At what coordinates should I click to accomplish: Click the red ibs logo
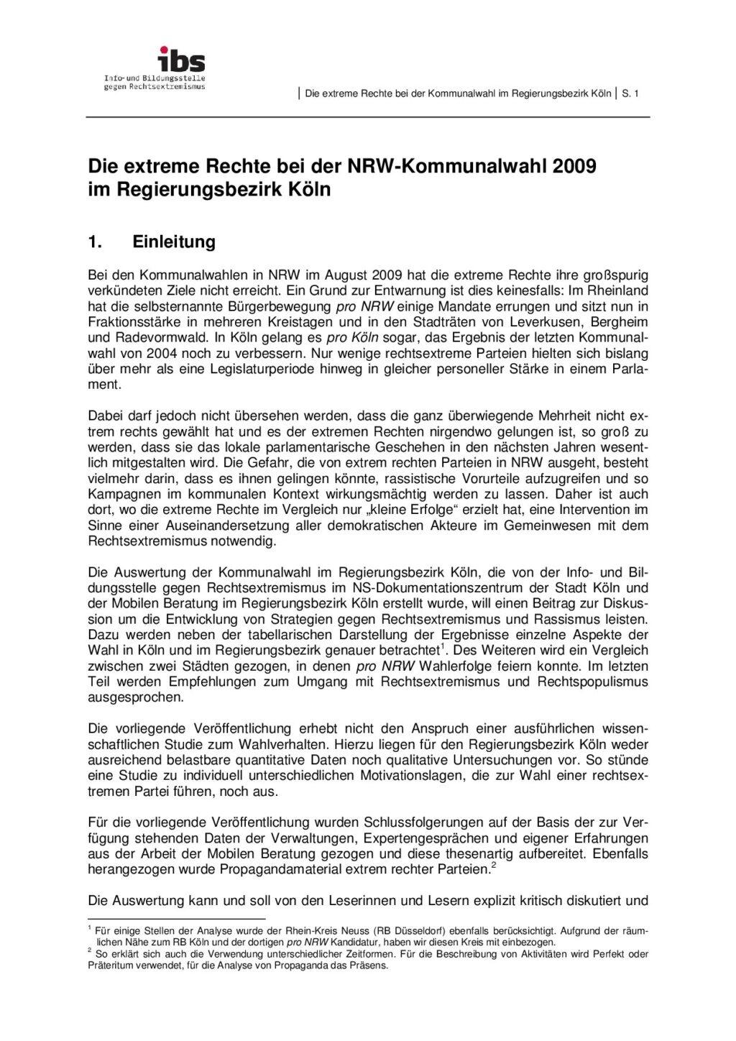click(181, 59)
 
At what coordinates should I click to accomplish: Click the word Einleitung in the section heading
click(174, 242)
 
